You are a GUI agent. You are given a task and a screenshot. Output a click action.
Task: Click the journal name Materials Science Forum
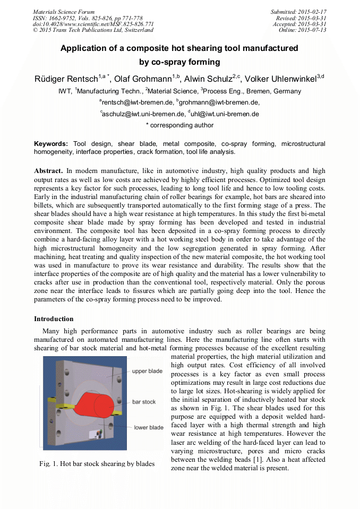64,12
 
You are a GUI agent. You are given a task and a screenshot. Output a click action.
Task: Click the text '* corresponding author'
179,126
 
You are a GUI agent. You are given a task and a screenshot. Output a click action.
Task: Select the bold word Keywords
50,144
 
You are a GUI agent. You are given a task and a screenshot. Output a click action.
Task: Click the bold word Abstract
48,171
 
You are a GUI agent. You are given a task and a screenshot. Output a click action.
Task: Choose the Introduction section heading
54,319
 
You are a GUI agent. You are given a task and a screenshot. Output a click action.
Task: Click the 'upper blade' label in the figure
147,372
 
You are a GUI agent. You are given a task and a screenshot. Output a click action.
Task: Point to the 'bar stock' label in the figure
143,402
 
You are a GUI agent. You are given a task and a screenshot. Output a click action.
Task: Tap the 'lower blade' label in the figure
148,427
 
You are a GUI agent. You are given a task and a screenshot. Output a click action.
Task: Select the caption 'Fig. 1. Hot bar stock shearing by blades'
97,464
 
